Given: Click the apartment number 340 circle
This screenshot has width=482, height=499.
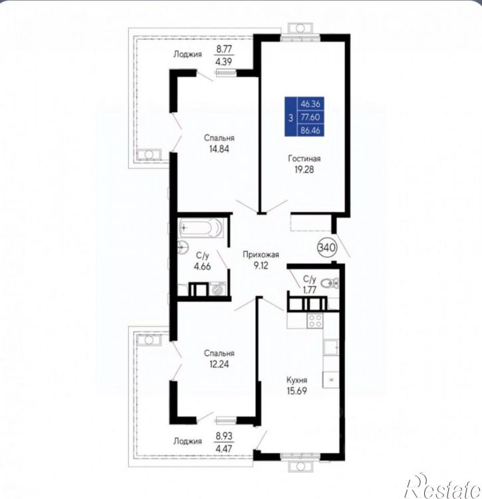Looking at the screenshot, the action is coord(327,247).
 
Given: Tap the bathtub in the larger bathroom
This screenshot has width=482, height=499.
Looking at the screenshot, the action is coord(200,228).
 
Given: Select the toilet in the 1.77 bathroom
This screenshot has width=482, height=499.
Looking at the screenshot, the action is coord(330,282).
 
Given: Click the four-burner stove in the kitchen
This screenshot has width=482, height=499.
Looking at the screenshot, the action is coord(314,321).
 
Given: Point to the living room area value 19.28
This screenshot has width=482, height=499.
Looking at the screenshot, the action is coord(304,170).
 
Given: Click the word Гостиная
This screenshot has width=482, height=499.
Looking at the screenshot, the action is coord(304,158).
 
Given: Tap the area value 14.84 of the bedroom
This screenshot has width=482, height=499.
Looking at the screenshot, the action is coord(219,149).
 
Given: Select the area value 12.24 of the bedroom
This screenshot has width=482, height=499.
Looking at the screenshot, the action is coord(219,364).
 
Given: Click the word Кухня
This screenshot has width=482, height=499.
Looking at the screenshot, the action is coord(297,380).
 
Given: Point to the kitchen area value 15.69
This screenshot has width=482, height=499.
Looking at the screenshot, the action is coord(297,391).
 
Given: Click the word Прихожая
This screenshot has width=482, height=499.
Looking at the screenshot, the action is coord(261,255).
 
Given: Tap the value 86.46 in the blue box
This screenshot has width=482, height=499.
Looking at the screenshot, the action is coord(310,130).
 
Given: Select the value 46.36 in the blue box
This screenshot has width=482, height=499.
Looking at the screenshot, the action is coord(310,104).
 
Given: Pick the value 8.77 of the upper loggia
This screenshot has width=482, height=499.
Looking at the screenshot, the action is coord(224,49).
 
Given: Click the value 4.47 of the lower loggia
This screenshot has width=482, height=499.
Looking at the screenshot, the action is coord(224,448).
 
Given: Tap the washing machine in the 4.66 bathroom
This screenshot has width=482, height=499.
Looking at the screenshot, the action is coord(218,289).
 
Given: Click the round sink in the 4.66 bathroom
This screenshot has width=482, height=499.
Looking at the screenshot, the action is coord(183,246).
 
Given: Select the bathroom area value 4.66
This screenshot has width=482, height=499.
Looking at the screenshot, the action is coord(202,266).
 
